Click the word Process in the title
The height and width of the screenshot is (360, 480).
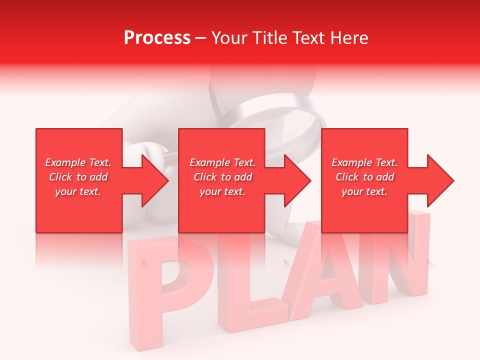[x=157, y=38]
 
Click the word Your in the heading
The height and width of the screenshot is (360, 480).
[x=228, y=38]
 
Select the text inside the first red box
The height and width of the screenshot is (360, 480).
[x=78, y=177]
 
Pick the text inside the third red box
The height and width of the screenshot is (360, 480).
[x=364, y=177]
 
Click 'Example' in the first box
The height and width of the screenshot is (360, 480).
[x=65, y=162]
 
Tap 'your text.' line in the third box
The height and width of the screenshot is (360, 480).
[x=364, y=191]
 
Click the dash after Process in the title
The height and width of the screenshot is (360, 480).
[x=200, y=38]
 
